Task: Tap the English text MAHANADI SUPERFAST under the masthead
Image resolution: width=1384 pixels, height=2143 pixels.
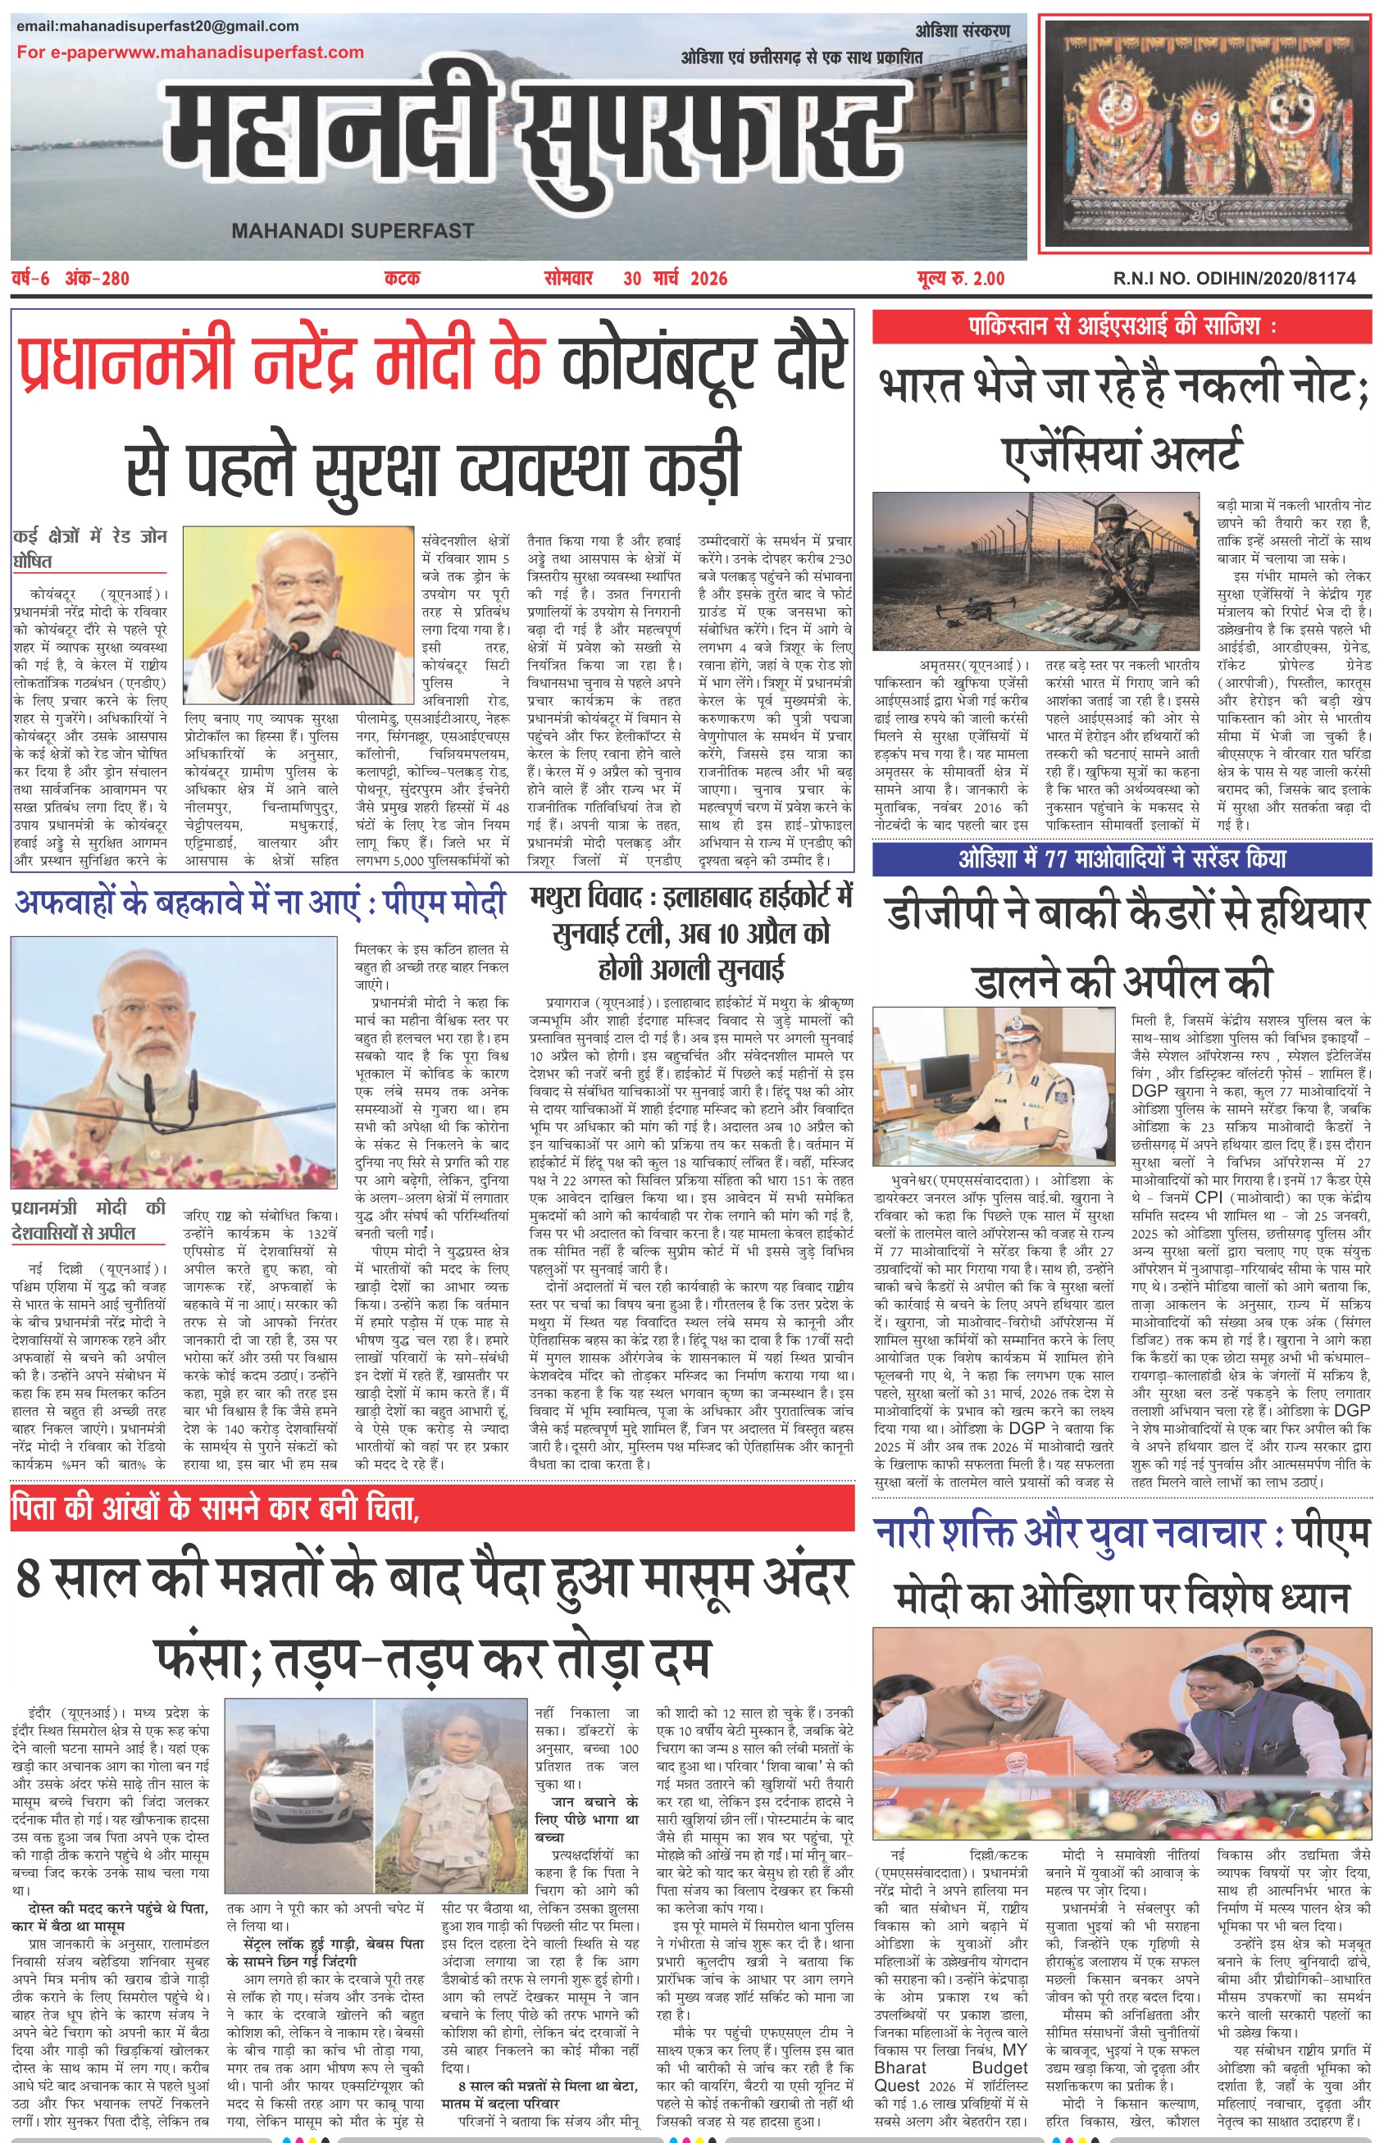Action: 353,231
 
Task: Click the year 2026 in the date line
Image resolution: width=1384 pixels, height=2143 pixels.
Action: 709,279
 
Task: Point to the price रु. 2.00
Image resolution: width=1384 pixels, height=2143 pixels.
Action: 974,279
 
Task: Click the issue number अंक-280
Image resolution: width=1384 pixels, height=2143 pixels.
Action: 97,279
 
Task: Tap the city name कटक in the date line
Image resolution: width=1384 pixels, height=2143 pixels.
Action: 402,279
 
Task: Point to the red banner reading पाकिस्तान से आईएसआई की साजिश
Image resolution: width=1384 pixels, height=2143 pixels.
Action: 1122,326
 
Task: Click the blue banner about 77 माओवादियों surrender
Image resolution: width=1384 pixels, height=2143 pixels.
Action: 1122,859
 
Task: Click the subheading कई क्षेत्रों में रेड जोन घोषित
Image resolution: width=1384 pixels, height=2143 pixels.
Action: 89,549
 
